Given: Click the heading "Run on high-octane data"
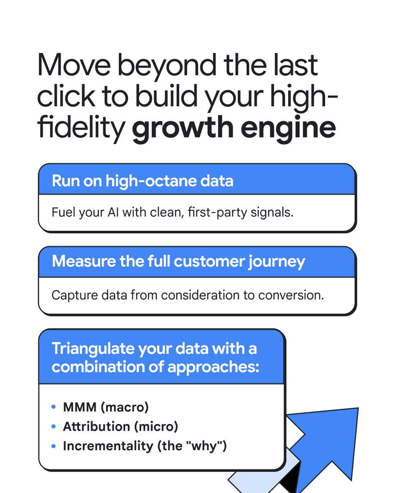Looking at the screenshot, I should pyautogui.click(x=142, y=181).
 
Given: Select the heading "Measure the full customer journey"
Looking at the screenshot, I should pyautogui.click(x=179, y=262).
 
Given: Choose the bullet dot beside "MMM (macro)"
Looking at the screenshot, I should pyautogui.click(x=54, y=407).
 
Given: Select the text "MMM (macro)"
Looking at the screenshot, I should pyautogui.click(x=105, y=407).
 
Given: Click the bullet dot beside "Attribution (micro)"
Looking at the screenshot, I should pyautogui.click(x=54, y=426).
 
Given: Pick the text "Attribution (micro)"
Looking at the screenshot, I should pyautogui.click(x=120, y=426).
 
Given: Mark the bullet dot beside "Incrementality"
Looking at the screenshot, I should pyautogui.click(x=54, y=446).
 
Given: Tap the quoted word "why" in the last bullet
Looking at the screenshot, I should pyautogui.click(x=206, y=446).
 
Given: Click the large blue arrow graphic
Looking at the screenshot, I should pyautogui.click(x=328, y=444).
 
